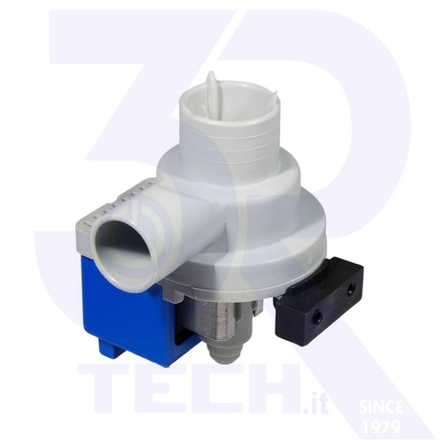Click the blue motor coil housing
(130, 310)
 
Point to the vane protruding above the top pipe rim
(214, 82)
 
